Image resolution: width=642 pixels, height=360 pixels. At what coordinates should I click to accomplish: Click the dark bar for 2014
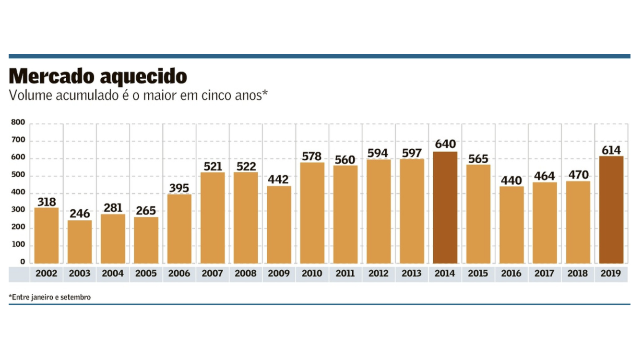[x=445, y=207]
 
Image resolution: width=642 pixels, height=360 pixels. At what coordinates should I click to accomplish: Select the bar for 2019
[x=611, y=210]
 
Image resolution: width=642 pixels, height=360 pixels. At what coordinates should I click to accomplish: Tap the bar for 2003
[x=80, y=241]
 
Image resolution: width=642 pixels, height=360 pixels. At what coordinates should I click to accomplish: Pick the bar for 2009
[x=279, y=224]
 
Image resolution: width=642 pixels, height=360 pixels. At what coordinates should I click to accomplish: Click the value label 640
[x=445, y=144]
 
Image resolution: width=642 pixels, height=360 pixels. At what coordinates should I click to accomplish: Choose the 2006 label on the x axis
[x=179, y=274]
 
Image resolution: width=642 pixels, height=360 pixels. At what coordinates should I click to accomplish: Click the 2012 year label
[x=379, y=274]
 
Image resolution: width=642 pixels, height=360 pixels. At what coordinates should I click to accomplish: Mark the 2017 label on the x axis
[x=545, y=274]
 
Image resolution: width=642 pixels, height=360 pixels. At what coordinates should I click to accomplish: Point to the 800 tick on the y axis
[x=17, y=123]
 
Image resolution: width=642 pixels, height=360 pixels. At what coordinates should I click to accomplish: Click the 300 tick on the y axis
[x=17, y=210]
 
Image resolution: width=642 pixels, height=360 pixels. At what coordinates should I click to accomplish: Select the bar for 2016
[x=511, y=225]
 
